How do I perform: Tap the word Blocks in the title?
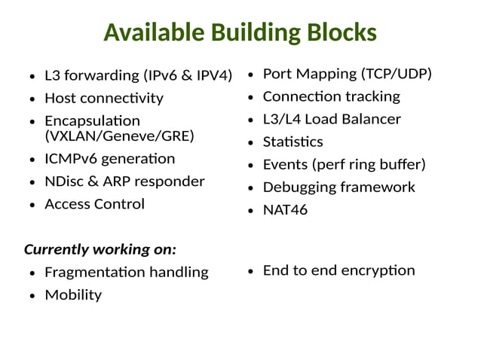click(341, 32)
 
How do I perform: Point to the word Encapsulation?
click(92, 121)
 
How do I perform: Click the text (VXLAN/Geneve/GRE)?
click(119, 136)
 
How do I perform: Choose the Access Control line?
click(94, 204)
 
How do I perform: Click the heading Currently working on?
click(100, 249)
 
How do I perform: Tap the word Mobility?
click(73, 294)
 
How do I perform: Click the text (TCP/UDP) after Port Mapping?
click(397, 74)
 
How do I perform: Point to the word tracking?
click(372, 96)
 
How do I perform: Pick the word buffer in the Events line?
click(401, 164)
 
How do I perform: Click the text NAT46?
click(285, 210)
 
